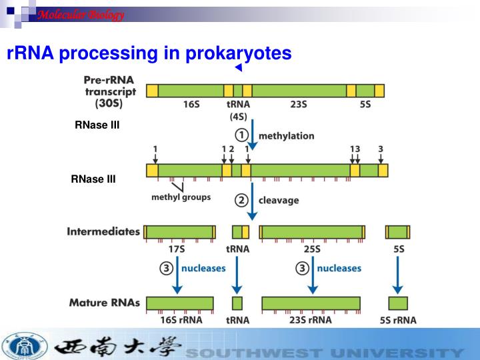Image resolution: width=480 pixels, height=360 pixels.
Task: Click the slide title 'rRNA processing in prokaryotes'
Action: click(x=149, y=53)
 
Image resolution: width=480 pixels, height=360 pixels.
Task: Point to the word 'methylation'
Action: click(x=286, y=135)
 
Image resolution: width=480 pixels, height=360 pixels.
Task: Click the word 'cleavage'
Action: click(x=279, y=199)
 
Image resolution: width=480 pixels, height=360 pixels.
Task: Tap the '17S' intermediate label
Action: click(x=177, y=249)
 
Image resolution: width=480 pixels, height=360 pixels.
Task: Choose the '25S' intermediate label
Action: click(x=311, y=249)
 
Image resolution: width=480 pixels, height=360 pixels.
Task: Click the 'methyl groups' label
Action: click(x=181, y=197)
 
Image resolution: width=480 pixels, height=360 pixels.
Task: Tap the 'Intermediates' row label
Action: click(x=103, y=232)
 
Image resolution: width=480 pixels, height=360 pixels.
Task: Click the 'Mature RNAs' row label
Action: click(x=105, y=303)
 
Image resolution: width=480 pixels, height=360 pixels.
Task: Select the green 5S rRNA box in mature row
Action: click(x=398, y=303)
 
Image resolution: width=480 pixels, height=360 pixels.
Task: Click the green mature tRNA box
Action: click(x=237, y=303)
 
